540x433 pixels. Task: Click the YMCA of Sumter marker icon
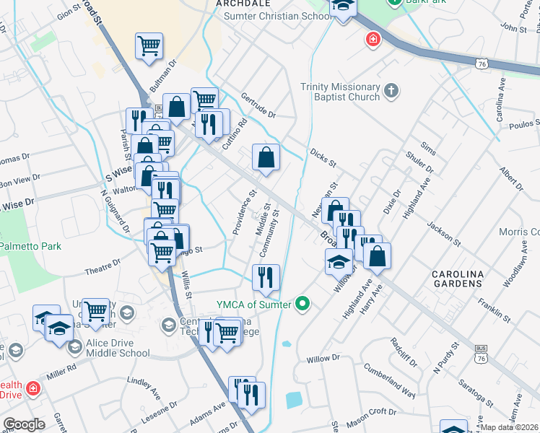[x=303, y=305]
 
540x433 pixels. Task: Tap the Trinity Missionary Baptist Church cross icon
[x=391, y=91]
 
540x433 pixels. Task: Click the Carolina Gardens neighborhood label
[x=457, y=279]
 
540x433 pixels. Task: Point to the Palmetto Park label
[x=30, y=246]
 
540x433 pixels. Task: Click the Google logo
[x=24, y=424]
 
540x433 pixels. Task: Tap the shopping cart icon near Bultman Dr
[x=149, y=47]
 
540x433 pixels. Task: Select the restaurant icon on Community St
[x=266, y=276]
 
